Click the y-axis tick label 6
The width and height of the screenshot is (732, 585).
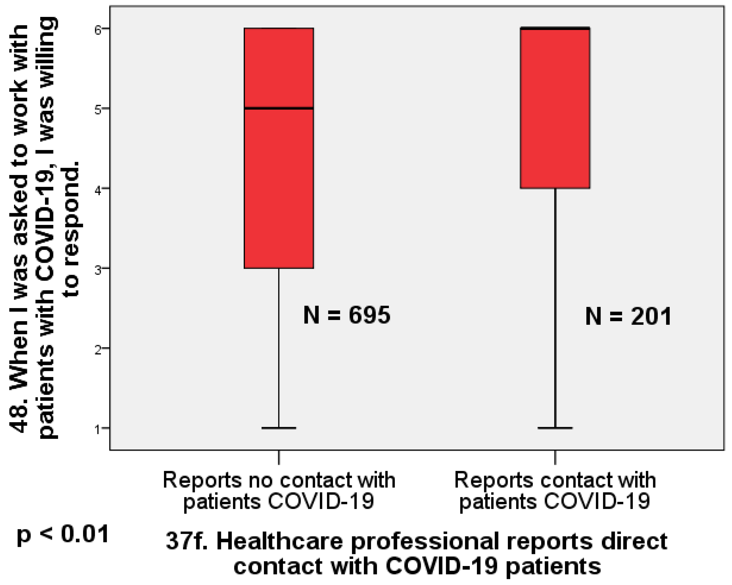point(98,30)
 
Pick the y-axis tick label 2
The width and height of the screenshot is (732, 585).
point(98,350)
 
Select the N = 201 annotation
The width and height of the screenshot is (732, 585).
point(628,316)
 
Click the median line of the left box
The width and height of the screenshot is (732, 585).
point(279,108)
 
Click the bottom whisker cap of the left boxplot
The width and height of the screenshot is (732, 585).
point(279,428)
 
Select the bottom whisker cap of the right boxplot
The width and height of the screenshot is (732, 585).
point(555,428)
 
